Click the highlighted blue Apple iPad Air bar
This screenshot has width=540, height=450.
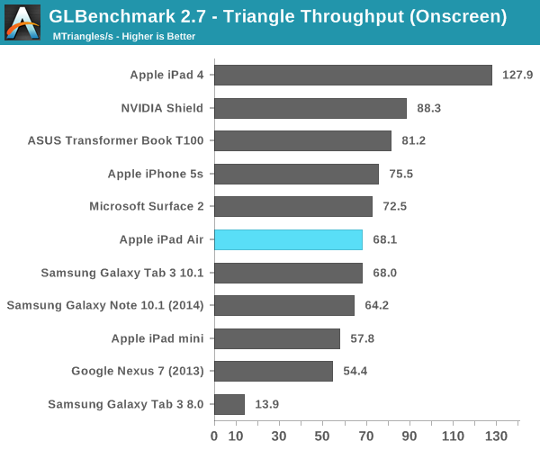(x=288, y=239)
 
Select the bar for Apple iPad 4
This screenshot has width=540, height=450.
(x=353, y=75)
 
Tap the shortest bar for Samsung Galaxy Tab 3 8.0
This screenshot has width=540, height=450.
(x=229, y=404)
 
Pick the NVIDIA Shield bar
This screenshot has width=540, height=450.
(x=311, y=108)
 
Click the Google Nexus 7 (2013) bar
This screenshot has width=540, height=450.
(x=274, y=371)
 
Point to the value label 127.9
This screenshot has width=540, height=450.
(x=518, y=75)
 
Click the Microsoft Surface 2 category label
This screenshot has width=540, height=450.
(x=147, y=206)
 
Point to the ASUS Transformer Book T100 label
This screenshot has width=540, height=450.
(x=116, y=141)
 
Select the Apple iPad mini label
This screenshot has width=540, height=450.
(x=157, y=338)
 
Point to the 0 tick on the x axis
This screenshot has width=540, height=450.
(x=214, y=436)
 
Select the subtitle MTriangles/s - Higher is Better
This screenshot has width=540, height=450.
(x=124, y=37)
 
